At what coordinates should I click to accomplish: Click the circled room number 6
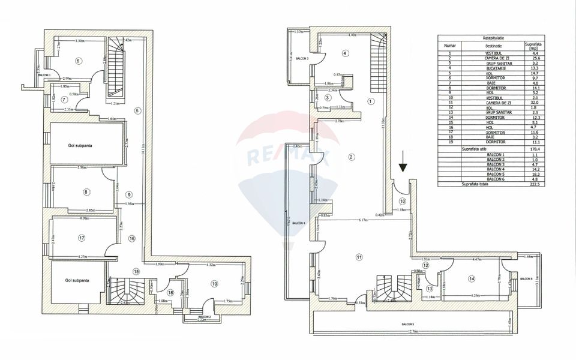click(78, 61)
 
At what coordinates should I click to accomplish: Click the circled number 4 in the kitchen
click(345, 53)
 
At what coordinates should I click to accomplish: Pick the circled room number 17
click(82, 238)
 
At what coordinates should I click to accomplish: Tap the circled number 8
click(86, 192)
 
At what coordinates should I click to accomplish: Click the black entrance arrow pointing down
click(403, 162)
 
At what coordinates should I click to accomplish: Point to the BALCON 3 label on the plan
click(300, 59)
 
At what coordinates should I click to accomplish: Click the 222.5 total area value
click(532, 185)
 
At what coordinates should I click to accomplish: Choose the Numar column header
click(450, 45)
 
